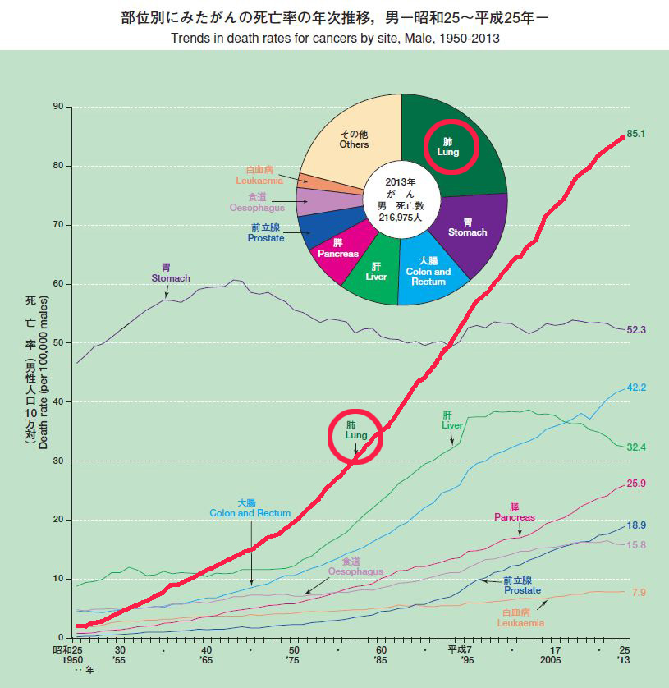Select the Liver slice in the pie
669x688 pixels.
pos(376,271)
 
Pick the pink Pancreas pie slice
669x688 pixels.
pos(337,249)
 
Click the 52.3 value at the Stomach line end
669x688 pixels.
pos(637,329)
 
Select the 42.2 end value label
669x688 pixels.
pos(637,388)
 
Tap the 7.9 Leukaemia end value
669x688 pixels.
pos(637,592)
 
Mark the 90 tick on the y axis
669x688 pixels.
pos(58,107)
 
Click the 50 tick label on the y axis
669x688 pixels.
pos(58,342)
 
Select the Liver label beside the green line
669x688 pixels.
pos(451,420)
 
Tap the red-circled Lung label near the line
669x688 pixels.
pos(355,430)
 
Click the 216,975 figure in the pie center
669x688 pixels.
pos(401,219)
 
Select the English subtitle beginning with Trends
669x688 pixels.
pos(336,38)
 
